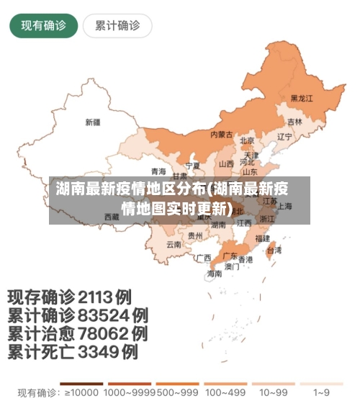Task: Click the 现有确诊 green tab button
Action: pyautogui.click(x=43, y=26)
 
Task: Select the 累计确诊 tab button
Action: pyautogui.click(x=117, y=26)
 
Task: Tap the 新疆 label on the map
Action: pyautogui.click(x=93, y=122)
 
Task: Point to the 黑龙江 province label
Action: pyautogui.click(x=302, y=98)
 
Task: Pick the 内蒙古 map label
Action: pyautogui.click(x=221, y=134)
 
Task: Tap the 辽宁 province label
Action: pyautogui.click(x=284, y=136)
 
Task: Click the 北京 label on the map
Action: pyautogui.click(x=247, y=140)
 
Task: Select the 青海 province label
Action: pyautogui.click(x=158, y=171)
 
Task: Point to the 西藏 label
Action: pyautogui.click(x=112, y=216)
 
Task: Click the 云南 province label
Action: pyautogui.click(x=174, y=244)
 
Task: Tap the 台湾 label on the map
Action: pyautogui.click(x=274, y=251)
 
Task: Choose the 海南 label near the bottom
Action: pyautogui.click(x=215, y=274)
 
